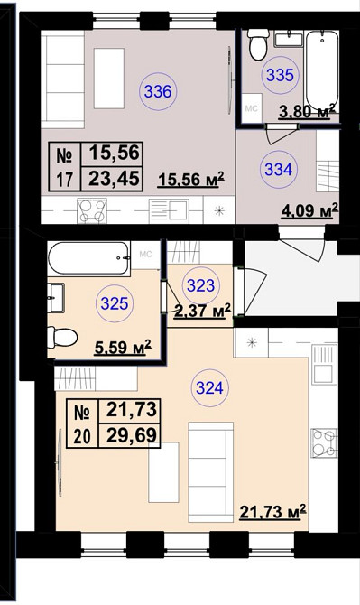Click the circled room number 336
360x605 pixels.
click(158, 92)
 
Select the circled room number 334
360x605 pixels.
click(279, 170)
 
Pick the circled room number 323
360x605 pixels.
click(201, 286)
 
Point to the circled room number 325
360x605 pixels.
click(115, 303)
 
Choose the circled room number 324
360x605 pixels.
click(209, 387)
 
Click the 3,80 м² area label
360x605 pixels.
click(308, 112)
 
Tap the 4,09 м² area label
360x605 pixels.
click(309, 210)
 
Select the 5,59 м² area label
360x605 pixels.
click(123, 348)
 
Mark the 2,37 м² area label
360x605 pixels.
click(202, 310)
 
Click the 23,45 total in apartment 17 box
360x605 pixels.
click(114, 179)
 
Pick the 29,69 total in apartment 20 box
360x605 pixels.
click(132, 435)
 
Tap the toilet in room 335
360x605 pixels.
click(258, 44)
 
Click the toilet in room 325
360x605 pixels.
click(62, 337)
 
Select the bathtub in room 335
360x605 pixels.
click(322, 70)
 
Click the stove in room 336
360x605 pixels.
click(92, 210)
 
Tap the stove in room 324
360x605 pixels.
click(324, 443)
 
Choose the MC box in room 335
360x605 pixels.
click(252, 108)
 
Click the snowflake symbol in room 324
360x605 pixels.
click(252, 342)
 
